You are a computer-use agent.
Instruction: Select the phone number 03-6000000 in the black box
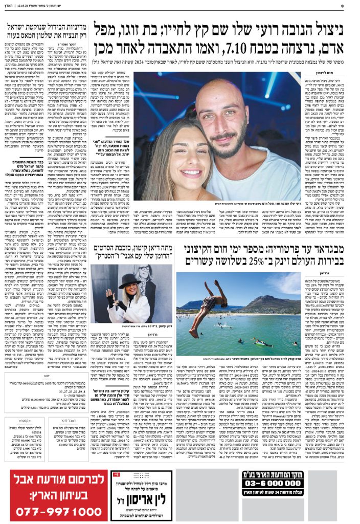pyautogui.click(x=306, y=483)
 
